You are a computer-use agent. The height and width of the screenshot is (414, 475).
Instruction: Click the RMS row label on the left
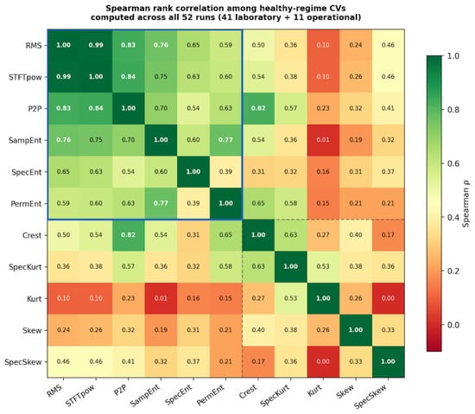click(34, 46)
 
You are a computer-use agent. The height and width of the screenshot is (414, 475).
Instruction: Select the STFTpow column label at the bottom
click(80, 395)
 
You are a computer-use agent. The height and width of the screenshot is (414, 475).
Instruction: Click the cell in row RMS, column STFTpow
click(96, 45)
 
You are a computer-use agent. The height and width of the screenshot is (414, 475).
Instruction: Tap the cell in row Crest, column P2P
click(128, 235)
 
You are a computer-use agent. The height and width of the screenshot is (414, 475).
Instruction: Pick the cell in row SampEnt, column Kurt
click(323, 140)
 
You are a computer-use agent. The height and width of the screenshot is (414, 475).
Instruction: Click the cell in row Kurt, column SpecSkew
click(388, 298)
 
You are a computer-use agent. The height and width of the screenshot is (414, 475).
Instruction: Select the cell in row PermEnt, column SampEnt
click(161, 203)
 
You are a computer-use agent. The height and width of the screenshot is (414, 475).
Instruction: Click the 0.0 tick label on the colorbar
click(453, 325)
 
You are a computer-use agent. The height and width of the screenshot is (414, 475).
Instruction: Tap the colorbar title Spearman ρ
click(466, 203)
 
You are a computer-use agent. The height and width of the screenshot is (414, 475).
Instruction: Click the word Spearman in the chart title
click(126, 8)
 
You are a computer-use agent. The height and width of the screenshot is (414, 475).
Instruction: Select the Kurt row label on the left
click(35, 299)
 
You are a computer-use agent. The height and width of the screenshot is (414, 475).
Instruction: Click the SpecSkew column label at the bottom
click(370, 396)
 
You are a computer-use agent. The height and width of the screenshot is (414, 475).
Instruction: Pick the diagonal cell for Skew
click(356, 330)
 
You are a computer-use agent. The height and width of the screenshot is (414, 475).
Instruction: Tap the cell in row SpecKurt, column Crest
click(258, 267)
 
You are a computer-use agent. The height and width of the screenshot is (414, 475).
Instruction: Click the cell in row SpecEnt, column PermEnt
click(225, 172)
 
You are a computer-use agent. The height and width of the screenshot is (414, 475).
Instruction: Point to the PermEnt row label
click(27, 204)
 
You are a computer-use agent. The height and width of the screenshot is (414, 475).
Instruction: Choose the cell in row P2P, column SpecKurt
click(290, 109)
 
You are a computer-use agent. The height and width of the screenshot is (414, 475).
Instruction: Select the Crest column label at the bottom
click(248, 392)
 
